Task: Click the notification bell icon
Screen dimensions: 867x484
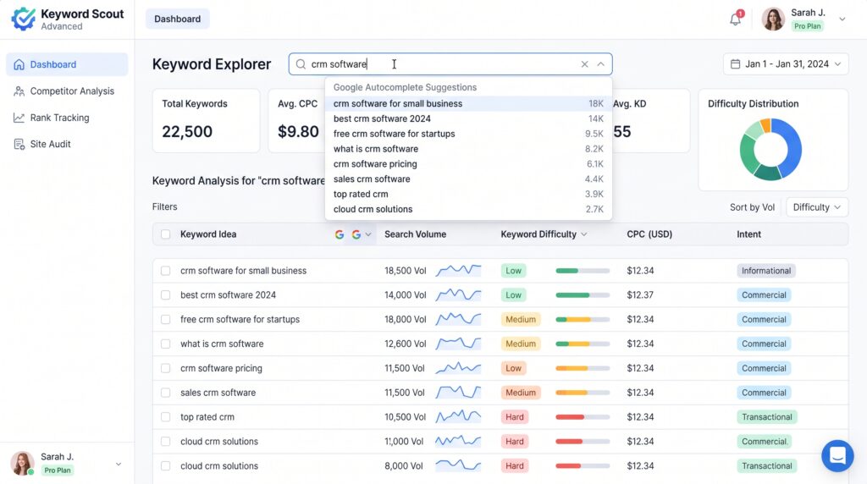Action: pos(736,19)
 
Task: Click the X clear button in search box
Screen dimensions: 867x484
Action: pos(584,64)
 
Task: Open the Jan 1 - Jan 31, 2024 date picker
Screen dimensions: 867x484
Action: pos(785,64)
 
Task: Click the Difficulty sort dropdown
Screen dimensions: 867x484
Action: pos(817,207)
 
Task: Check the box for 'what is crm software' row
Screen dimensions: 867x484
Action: pos(165,344)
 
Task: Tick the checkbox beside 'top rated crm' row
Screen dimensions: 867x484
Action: pos(165,417)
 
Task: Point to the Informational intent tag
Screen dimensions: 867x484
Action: pos(765,271)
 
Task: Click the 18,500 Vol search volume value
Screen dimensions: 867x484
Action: pos(406,271)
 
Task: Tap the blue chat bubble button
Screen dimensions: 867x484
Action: pos(837,456)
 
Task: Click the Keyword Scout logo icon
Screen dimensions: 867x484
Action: pos(23,19)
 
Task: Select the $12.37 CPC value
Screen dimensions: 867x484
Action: pos(640,295)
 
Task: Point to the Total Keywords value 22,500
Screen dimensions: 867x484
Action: pos(187,131)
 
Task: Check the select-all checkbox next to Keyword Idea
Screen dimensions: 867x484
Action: pos(165,234)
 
